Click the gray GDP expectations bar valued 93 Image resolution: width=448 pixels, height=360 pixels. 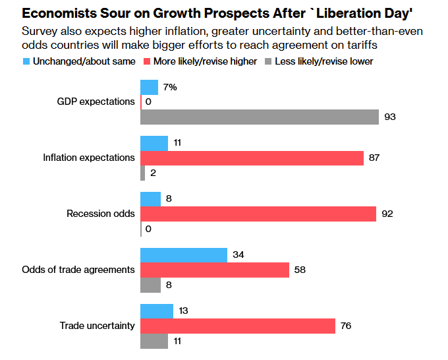[260, 117]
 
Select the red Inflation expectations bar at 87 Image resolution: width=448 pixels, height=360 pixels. [252, 158]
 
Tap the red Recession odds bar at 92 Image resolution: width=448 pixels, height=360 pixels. [258, 214]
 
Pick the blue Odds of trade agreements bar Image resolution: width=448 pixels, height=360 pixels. [184, 255]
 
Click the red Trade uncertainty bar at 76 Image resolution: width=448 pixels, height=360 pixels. [238, 326]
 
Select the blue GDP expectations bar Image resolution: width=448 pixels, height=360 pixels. [150, 87]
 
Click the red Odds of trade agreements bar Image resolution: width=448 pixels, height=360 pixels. [215, 270]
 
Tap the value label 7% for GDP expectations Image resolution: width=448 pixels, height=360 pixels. [170, 87]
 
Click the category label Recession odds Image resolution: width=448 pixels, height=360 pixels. [101, 214]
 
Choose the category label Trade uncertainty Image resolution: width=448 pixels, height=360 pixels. [98, 326]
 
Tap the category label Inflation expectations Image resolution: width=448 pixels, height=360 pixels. [89, 158]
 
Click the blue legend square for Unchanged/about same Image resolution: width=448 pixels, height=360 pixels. [26, 61]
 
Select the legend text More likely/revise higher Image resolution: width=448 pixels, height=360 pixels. [205, 61]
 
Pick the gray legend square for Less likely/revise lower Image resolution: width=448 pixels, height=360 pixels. [267, 61]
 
